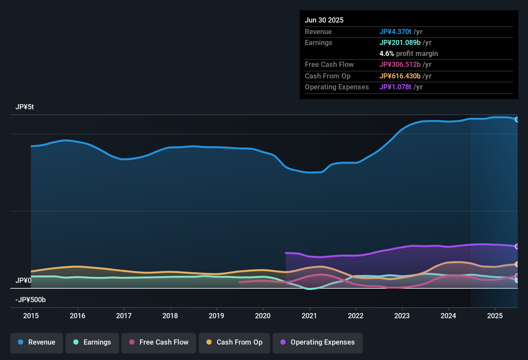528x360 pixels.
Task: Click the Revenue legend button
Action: pyautogui.click(x=37, y=342)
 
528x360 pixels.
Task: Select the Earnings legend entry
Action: pyautogui.click(x=92, y=342)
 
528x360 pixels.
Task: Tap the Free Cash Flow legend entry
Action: pyautogui.click(x=159, y=342)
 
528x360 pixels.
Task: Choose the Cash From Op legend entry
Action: pyautogui.click(x=234, y=342)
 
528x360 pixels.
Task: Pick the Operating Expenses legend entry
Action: pyautogui.click(x=318, y=342)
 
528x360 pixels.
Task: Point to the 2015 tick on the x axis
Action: pyautogui.click(x=31, y=316)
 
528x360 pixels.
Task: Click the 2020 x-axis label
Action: pyautogui.click(x=263, y=316)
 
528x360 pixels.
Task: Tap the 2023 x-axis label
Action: pyautogui.click(x=402, y=316)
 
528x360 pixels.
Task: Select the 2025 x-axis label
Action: pyautogui.click(x=495, y=316)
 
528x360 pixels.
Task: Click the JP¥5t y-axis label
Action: pyautogui.click(x=25, y=107)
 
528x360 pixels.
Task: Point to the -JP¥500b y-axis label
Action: pyautogui.click(x=31, y=300)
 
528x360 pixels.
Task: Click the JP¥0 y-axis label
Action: pyautogui.click(x=23, y=281)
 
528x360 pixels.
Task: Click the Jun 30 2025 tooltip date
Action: pyautogui.click(x=324, y=20)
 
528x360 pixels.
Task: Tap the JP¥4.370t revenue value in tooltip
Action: pyautogui.click(x=395, y=32)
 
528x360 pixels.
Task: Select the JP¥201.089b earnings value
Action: pyautogui.click(x=400, y=43)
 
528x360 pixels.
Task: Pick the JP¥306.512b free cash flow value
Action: pyautogui.click(x=400, y=65)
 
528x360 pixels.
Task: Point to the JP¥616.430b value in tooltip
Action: pyautogui.click(x=400, y=76)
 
